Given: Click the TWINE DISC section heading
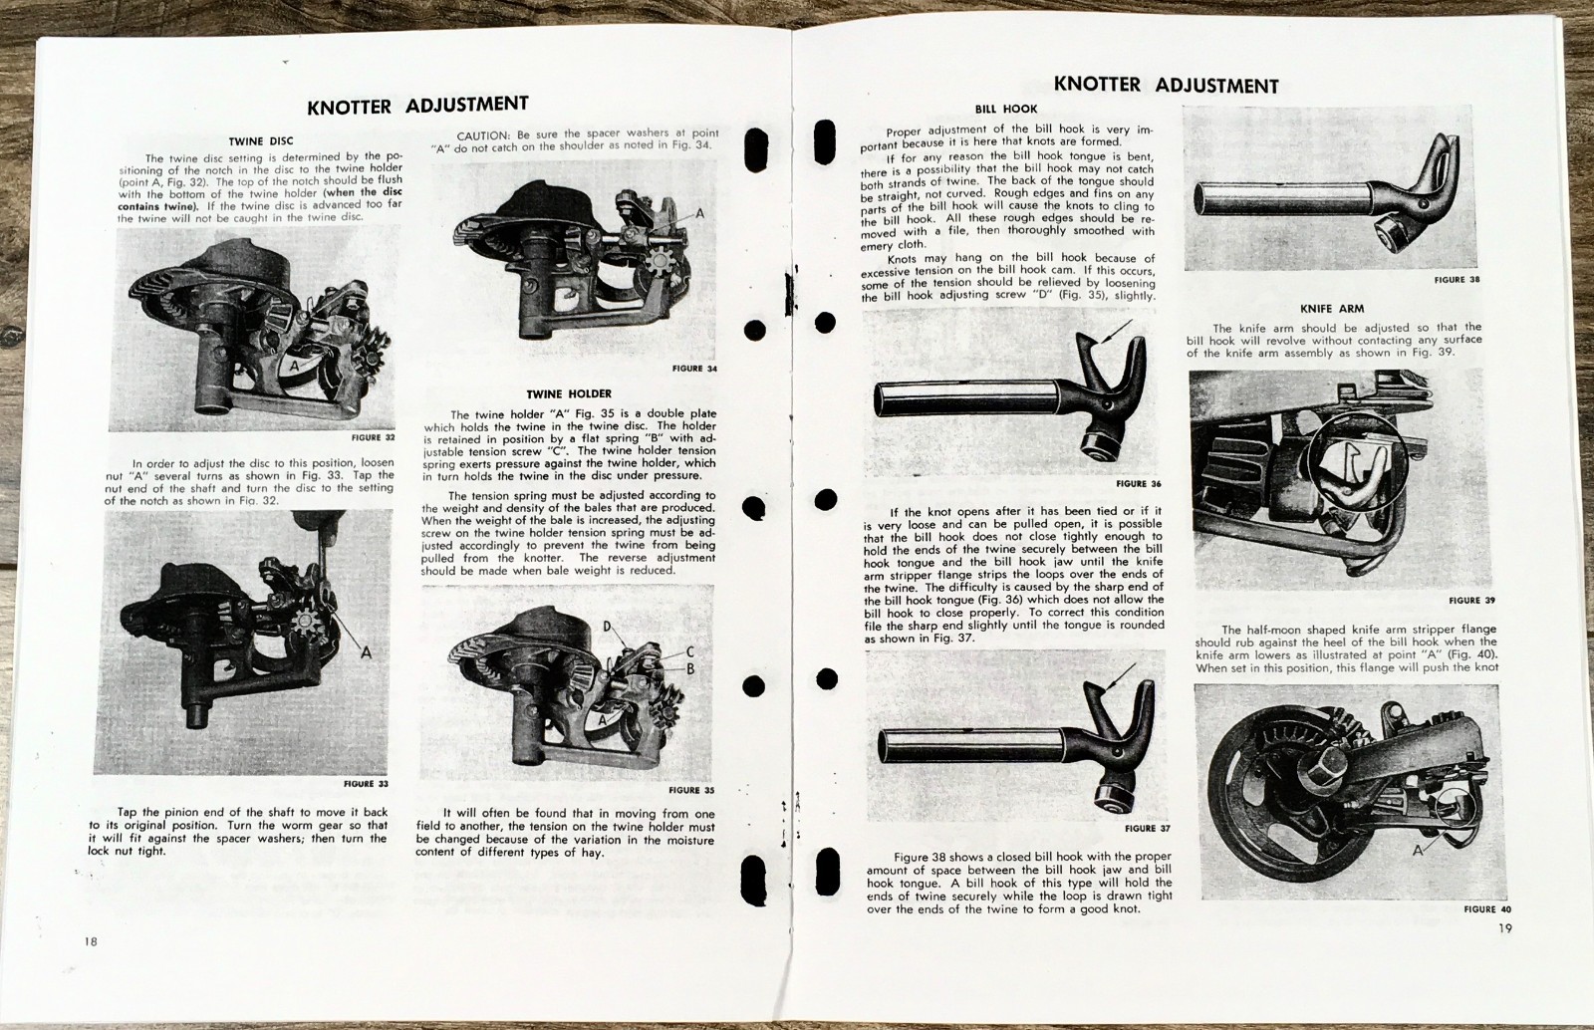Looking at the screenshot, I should [x=260, y=141].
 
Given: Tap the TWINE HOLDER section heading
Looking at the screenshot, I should [x=569, y=394].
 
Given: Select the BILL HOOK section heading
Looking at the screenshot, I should [x=1005, y=110].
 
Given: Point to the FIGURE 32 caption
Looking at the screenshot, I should [x=374, y=437].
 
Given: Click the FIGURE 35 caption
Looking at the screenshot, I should [x=691, y=791].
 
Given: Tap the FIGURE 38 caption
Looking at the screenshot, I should [x=1457, y=280].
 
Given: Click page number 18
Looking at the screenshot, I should [x=91, y=942].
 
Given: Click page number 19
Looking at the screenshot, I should [x=1504, y=929].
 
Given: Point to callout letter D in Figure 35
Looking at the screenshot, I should [x=607, y=626].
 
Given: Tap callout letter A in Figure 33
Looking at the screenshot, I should [x=366, y=652].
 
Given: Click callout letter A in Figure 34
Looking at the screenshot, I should [x=699, y=213].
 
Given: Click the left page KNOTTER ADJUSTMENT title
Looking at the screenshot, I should [x=417, y=105].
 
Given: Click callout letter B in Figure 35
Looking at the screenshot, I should [x=689, y=669].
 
